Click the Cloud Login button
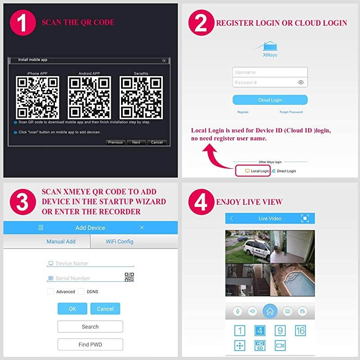point(270,100)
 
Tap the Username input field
point(270,72)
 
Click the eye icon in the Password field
point(301,82)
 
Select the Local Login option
point(257,171)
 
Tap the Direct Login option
point(284,171)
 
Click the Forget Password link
point(291,112)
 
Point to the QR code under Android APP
point(89,98)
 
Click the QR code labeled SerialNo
point(141,98)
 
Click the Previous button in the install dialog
point(116,142)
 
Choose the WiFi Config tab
point(119,242)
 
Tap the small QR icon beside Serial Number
point(129,277)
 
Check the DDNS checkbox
point(81,291)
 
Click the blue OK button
point(72,309)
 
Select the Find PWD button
point(90,344)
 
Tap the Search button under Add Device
point(90,327)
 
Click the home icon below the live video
point(270,311)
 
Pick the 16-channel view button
point(300,331)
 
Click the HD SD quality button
point(260,346)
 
